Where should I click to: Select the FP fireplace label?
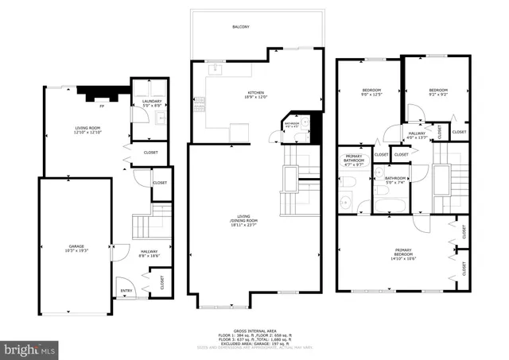tap(101, 104)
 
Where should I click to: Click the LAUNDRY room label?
tap(153, 102)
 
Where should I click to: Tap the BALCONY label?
tap(241, 27)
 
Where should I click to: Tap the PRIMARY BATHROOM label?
tap(354, 159)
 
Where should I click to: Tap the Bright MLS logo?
tap(30, 348)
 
